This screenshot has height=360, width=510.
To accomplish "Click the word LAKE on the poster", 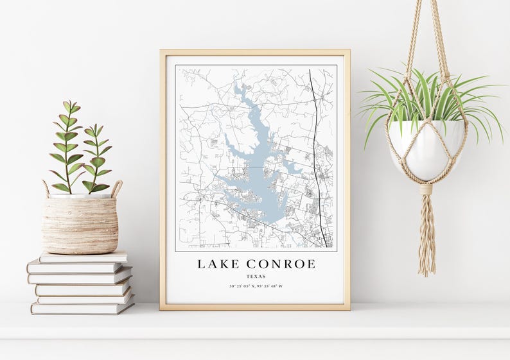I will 216,264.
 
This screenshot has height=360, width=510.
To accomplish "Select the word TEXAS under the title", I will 256,277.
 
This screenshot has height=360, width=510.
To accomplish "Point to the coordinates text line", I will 256,286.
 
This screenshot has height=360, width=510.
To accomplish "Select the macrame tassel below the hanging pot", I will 426,237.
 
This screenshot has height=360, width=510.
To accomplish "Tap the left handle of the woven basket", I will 46,188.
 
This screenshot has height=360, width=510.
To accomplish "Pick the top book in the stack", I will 84,257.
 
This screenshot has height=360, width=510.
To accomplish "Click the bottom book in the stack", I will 82,307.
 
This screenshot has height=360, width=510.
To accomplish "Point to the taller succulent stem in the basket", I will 67,148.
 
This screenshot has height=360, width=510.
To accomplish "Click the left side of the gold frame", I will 163,180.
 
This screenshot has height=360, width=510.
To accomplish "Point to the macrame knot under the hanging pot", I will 426,189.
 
